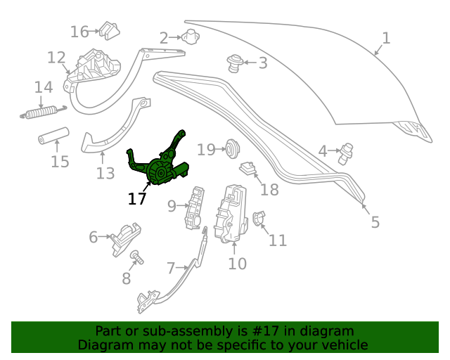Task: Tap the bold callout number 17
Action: coord(137,199)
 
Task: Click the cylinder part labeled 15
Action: coord(54,136)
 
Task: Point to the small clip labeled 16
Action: coord(110,30)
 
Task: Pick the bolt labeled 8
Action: coord(137,257)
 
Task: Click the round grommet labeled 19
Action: coord(233,148)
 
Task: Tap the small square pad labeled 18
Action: coord(248,168)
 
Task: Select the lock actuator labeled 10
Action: coord(231,214)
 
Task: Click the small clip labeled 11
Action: coord(258,218)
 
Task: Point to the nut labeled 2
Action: coord(191,37)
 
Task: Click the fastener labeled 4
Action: coord(346,154)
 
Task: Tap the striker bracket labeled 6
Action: coord(127,239)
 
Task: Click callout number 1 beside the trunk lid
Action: coord(386,38)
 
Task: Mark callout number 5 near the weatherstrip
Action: coord(375,222)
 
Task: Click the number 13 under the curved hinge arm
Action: coord(105,174)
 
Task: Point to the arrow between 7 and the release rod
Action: coord(182,268)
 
